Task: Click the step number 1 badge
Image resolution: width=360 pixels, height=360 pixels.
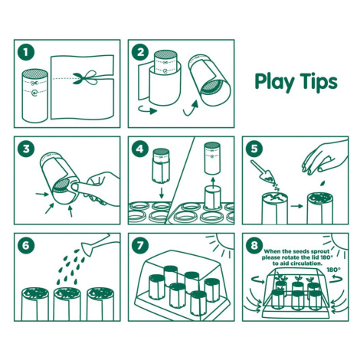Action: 25,52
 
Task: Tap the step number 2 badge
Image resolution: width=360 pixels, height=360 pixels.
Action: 140,52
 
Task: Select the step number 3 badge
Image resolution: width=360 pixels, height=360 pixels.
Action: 25,149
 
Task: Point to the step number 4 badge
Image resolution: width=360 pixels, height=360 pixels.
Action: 140,149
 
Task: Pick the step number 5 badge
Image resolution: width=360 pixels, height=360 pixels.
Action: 254,149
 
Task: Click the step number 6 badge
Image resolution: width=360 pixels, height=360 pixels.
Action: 25,246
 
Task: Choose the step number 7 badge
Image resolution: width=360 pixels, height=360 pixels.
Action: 140,246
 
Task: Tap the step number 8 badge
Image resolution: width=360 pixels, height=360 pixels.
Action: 254,246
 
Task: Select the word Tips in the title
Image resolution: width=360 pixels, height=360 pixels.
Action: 319,82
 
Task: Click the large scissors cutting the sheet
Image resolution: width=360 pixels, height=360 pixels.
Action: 85,77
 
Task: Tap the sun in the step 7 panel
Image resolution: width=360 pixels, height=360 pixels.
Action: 221,243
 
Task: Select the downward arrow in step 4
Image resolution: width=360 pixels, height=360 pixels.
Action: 161,193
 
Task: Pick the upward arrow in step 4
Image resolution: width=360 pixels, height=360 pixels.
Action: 213,180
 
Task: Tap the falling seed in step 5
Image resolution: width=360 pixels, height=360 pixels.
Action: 323,183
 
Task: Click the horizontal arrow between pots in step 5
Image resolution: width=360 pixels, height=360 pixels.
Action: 296,206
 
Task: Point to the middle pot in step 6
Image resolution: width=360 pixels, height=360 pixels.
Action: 67,303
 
